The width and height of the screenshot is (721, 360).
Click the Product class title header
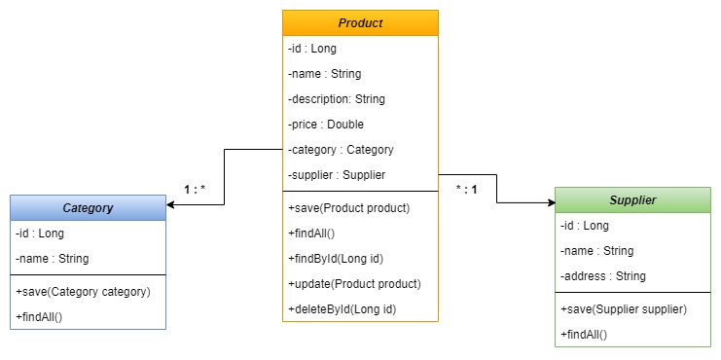coord(360,22)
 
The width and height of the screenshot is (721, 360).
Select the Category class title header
coord(88,207)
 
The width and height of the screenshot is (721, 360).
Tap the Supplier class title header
coord(632,199)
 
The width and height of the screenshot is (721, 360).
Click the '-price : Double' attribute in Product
coord(325,125)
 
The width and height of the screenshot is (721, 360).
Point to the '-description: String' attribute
coord(337,99)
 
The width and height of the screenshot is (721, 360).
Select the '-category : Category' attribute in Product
coord(341,150)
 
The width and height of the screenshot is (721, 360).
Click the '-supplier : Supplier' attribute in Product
coord(337,175)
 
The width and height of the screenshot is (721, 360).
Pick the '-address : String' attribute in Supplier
coord(603,276)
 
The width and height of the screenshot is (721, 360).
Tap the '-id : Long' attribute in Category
coord(40,234)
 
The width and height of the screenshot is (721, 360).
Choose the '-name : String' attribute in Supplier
coord(596,251)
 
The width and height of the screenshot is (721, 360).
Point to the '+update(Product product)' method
coord(354,284)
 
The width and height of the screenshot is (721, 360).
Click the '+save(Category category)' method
coord(83,292)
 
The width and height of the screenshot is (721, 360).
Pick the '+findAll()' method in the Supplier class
coord(584,335)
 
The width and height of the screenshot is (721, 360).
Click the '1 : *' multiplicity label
coord(195,189)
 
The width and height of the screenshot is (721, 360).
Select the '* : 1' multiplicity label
coord(466,189)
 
